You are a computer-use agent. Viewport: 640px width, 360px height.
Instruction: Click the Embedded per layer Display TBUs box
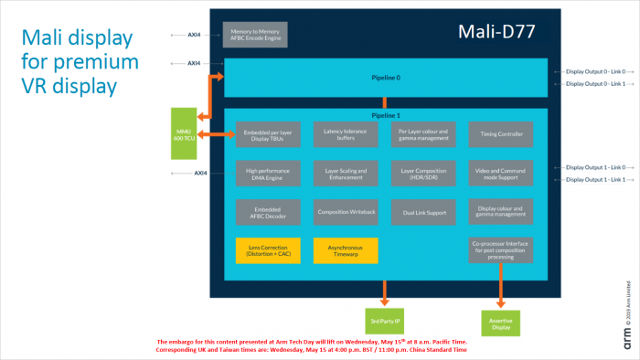click(264, 134)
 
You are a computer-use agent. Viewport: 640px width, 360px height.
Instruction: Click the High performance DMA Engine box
click(264, 173)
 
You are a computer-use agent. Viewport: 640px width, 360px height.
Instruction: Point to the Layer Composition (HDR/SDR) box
click(421, 173)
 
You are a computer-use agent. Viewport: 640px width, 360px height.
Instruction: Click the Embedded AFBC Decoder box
click(264, 212)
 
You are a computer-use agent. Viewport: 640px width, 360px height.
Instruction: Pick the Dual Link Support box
click(421, 212)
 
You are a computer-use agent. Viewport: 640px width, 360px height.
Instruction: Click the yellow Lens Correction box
click(264, 249)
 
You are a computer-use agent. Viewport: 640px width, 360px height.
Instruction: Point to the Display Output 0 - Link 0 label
click(595, 70)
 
